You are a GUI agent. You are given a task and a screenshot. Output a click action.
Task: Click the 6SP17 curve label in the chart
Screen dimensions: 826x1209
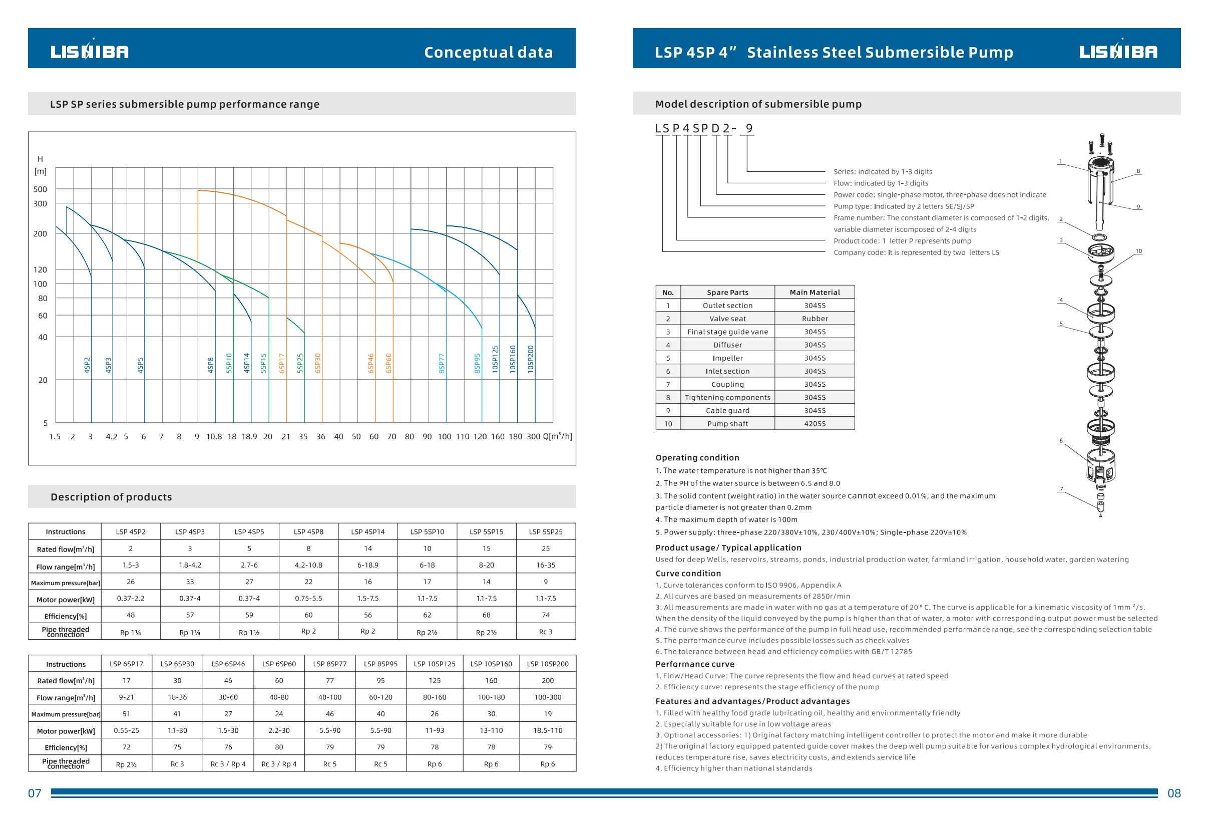[x=282, y=363]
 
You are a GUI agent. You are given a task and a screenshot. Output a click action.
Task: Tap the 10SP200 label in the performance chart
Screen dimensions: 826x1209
[x=530, y=359]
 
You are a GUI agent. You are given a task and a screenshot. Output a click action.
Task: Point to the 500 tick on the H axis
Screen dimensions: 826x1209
[x=40, y=189]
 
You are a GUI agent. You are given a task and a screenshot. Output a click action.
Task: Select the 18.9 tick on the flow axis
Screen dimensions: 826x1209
[x=249, y=437]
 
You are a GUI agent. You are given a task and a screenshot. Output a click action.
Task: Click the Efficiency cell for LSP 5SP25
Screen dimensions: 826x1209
[x=546, y=615]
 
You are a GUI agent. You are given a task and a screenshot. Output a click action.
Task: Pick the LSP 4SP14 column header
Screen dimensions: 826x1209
[x=368, y=531]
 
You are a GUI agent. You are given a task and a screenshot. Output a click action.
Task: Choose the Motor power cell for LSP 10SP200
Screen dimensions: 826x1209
[x=548, y=730]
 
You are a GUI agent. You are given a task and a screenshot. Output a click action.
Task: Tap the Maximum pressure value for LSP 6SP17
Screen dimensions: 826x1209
[x=127, y=714]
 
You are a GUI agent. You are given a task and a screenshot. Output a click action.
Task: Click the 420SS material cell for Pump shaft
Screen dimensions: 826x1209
[x=815, y=424]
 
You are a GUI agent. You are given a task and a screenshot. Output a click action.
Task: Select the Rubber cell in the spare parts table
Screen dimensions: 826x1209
[x=815, y=319]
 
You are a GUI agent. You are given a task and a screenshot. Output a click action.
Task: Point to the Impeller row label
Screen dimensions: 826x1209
[x=727, y=358]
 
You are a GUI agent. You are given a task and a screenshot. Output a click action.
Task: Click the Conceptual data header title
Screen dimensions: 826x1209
[x=488, y=52]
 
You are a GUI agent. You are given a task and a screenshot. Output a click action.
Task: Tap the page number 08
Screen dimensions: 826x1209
[x=1174, y=793]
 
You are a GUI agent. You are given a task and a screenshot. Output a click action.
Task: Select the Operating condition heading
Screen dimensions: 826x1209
[x=697, y=457]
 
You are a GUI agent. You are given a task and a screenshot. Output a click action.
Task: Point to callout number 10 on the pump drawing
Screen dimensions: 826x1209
[x=1138, y=251]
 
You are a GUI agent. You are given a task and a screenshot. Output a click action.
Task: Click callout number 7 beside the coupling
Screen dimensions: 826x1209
[x=1061, y=489]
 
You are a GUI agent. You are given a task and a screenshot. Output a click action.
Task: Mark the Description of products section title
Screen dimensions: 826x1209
[x=111, y=497]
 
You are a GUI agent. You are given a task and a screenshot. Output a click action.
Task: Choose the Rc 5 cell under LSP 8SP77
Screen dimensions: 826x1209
[x=330, y=764]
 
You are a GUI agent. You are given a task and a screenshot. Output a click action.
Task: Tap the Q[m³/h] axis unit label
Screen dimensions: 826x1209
[x=557, y=436]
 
